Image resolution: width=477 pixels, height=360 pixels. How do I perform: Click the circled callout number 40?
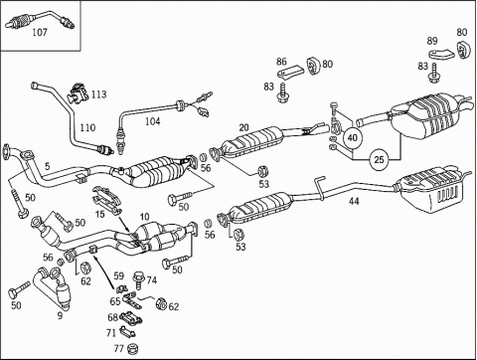tap(353, 137)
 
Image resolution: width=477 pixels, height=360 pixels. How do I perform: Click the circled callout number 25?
tap(379, 160)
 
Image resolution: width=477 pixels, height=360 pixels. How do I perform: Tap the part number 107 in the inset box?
tap(40, 33)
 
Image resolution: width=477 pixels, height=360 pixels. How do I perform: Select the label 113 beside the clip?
tap(98, 94)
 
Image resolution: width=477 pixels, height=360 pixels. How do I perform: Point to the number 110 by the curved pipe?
tap(87, 127)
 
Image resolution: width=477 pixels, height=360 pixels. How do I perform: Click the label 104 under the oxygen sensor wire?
tap(153, 121)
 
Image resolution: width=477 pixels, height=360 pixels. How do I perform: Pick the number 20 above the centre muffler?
tap(243, 127)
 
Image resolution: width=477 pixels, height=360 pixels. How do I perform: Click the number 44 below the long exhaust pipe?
tap(354, 201)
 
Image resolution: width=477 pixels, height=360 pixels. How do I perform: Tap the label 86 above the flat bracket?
tap(281, 62)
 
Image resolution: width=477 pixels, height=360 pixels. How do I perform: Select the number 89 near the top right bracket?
tap(432, 41)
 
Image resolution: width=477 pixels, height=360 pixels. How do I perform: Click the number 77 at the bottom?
tap(118, 348)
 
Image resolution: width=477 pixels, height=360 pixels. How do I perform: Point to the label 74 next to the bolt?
tap(151, 280)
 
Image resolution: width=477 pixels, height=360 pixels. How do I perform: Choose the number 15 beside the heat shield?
tap(100, 214)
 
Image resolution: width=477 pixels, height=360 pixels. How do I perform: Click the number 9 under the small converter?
tap(60, 315)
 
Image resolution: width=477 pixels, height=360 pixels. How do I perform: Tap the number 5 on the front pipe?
tap(48, 166)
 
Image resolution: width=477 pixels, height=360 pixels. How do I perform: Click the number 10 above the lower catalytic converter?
tap(144, 217)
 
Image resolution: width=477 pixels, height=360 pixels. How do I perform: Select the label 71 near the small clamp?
tap(111, 333)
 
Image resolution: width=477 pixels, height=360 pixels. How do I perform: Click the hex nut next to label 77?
tap(132, 348)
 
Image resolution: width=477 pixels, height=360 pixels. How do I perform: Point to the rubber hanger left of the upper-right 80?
tap(461, 50)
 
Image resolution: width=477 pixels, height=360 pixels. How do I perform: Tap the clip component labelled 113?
tap(77, 93)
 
